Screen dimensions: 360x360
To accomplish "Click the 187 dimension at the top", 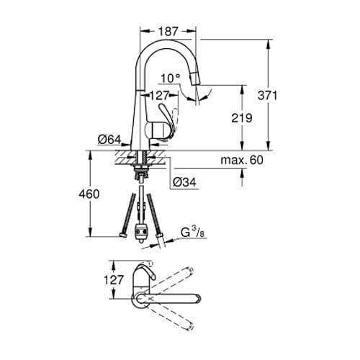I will point(168,31).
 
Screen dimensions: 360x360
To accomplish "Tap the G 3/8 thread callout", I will point(192,232).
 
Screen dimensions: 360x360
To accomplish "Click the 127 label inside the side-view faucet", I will point(159,94).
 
